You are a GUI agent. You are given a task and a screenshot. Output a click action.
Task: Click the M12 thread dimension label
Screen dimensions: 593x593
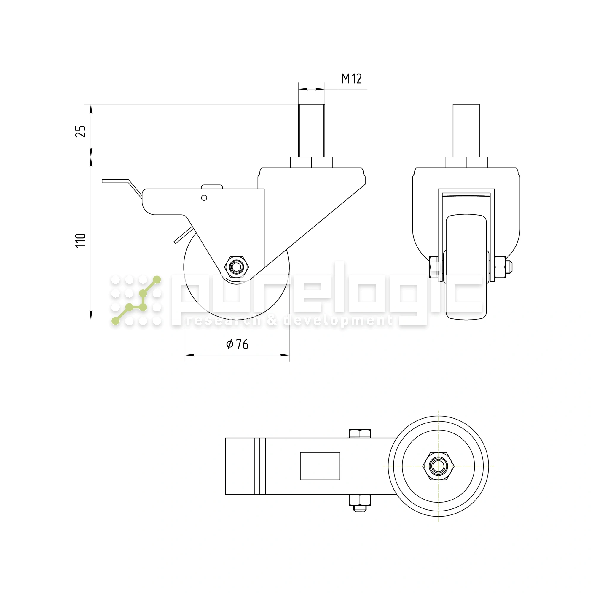[x=351, y=79]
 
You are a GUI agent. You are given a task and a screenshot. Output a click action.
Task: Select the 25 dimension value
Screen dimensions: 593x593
[x=81, y=131]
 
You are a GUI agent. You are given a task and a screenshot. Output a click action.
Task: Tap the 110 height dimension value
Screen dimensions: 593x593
[x=81, y=240]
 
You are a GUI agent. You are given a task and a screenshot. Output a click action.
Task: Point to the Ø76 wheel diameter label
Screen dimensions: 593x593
[x=237, y=344]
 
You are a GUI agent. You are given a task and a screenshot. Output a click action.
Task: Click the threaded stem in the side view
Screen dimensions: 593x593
[x=311, y=130]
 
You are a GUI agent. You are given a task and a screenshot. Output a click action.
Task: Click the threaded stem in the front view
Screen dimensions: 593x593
[x=466, y=130]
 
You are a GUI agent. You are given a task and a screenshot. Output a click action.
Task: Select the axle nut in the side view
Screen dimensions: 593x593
[x=236, y=267]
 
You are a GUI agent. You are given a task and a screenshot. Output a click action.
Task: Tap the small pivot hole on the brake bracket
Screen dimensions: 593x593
[x=204, y=198]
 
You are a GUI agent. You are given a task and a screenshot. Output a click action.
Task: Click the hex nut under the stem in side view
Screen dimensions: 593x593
[x=311, y=162]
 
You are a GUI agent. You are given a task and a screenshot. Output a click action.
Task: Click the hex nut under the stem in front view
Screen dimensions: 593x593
[x=466, y=162]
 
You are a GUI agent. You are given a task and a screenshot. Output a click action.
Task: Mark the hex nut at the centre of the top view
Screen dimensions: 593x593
[x=438, y=466]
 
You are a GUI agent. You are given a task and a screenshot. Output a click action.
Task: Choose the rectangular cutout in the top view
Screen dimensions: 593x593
[x=320, y=466]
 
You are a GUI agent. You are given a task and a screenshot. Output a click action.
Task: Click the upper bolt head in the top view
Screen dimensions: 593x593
[x=360, y=433]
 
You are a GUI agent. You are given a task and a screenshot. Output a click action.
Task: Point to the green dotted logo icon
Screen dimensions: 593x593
[x=136, y=300]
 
